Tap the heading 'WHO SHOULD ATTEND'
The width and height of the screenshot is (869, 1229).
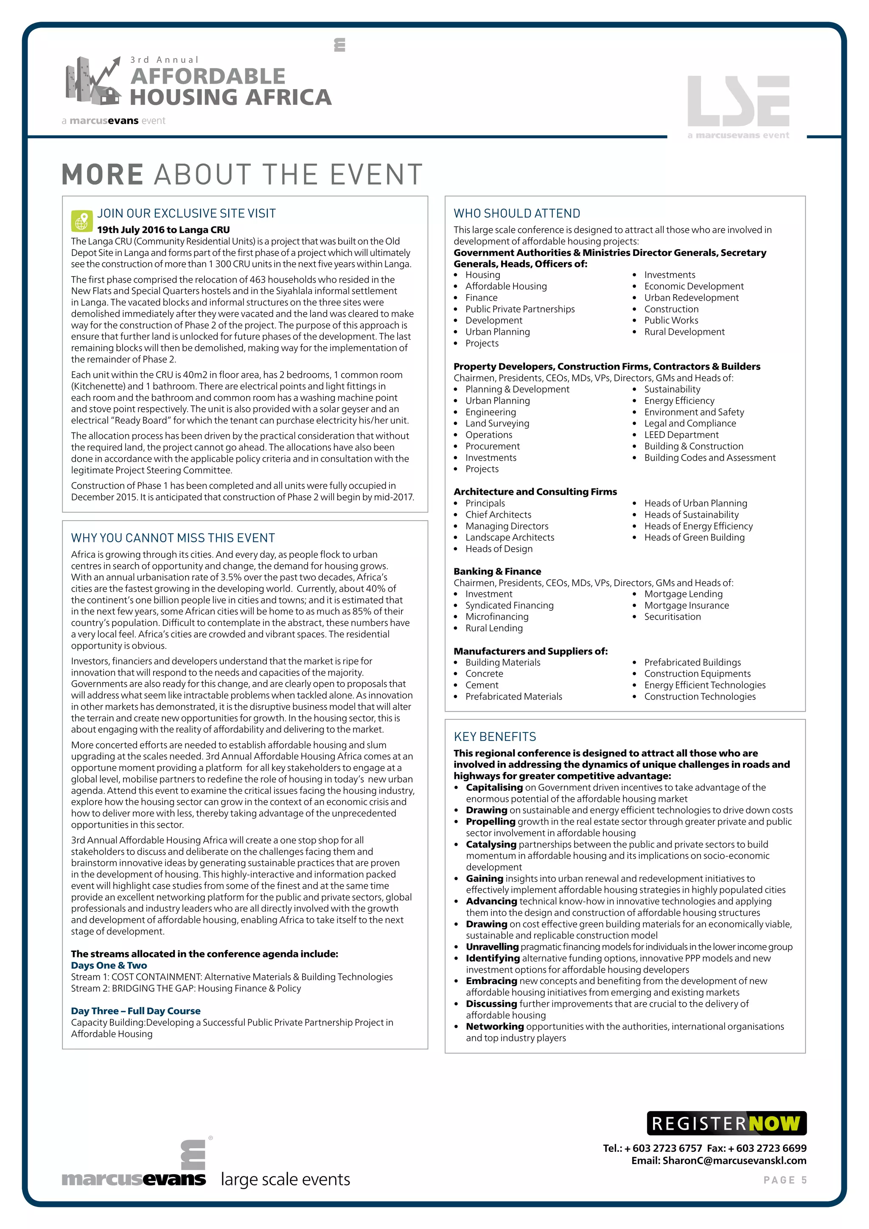pos(516,213)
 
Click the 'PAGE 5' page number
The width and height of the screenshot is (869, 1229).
pos(785,1180)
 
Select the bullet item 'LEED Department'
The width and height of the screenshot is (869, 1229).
pos(681,435)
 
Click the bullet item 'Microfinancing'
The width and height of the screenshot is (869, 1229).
pos(496,617)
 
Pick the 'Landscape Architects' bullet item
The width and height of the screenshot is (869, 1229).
pos(510,537)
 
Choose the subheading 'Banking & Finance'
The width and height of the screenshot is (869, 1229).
pos(497,571)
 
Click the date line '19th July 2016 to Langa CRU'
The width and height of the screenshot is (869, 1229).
pos(163,230)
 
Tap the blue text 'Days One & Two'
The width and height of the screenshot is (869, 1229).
pos(109,965)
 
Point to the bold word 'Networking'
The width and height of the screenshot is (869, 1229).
pos(494,1026)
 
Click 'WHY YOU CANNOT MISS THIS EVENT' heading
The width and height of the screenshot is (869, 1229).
pos(173,538)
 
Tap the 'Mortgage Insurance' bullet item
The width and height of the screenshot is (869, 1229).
pos(686,606)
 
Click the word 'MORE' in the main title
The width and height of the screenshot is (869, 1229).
pos(103,175)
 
